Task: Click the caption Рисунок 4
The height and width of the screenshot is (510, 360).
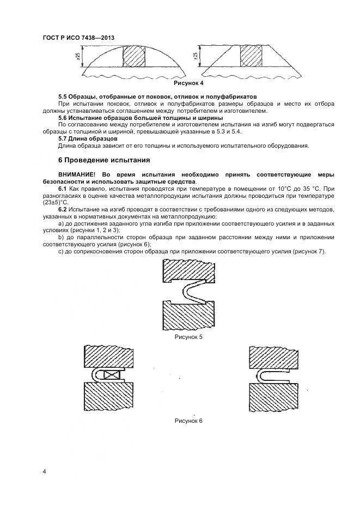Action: pyautogui.click(x=188, y=83)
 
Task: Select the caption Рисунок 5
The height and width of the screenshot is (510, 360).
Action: pyautogui.click(x=188, y=337)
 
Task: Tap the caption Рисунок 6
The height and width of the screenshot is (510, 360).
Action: pyautogui.click(x=188, y=421)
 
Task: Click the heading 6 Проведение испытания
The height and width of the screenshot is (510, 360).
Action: pyautogui.click(x=100, y=161)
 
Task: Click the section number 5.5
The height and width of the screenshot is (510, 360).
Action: pyautogui.click(x=64, y=96)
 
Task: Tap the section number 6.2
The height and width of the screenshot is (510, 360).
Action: pyautogui.click(x=63, y=210)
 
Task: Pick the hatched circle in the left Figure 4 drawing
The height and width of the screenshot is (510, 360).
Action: pyautogui.click(x=133, y=56)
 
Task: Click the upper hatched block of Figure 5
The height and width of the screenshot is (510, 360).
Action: pyautogui.click(x=188, y=270)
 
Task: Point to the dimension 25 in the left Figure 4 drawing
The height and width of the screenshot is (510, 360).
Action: pyautogui.click(x=78, y=56)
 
